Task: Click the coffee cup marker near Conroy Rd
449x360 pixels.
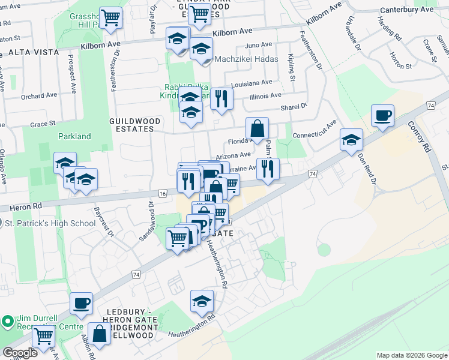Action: (382, 116)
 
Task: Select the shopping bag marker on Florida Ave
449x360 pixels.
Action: (257, 128)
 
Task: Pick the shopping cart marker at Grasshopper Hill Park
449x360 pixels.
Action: (110, 18)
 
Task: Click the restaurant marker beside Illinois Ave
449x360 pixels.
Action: (221, 98)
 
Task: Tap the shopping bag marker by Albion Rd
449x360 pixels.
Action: (99, 334)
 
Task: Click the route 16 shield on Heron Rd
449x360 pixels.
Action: (163, 193)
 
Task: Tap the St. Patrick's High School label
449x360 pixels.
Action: (50, 224)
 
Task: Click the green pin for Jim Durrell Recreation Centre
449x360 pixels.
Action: (8, 322)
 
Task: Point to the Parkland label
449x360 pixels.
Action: (74, 136)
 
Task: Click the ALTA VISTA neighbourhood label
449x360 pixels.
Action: (34, 52)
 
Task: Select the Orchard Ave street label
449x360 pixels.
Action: (38, 95)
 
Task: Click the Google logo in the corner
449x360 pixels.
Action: (20, 353)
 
